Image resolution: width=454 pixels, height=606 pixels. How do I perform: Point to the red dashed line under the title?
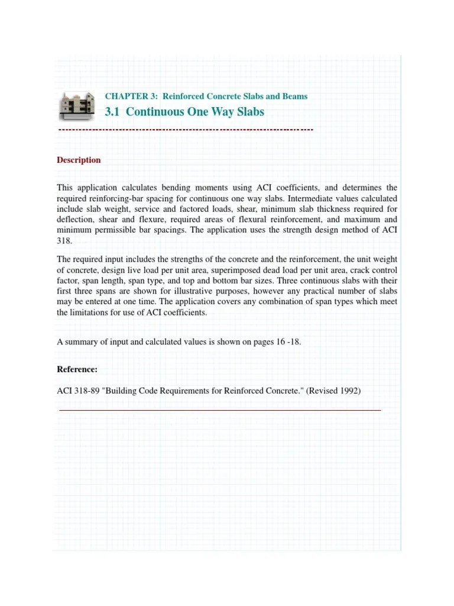coord(186,129)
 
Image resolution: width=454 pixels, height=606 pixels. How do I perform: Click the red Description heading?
coord(79,160)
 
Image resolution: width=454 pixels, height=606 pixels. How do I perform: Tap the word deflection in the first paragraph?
coord(74,220)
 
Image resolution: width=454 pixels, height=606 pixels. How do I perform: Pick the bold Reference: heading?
coord(77,369)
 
